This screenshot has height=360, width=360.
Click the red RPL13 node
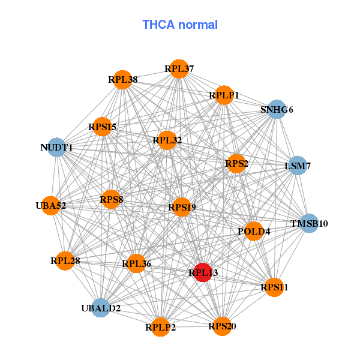pyautogui.click(x=203, y=272)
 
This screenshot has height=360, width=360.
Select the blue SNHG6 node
pyautogui.click(x=276, y=109)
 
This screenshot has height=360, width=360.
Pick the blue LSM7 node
pyautogui.click(x=298, y=165)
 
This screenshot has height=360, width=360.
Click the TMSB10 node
pyautogui.click(x=309, y=224)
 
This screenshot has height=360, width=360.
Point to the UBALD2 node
pyautogui.click(x=101, y=308)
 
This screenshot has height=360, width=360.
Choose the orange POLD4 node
pyautogui.click(x=254, y=231)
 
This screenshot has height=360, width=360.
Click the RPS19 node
pyautogui.click(x=181, y=207)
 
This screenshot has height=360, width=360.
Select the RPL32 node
pyautogui.click(x=167, y=140)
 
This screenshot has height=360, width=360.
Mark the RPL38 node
pyautogui.click(x=123, y=79)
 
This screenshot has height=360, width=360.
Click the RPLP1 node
pyautogui.click(x=224, y=95)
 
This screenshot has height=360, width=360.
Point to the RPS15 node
pyautogui.click(x=103, y=127)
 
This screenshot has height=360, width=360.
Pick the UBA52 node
pyautogui.click(x=51, y=205)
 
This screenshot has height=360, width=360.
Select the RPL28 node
pyautogui.click(x=65, y=260)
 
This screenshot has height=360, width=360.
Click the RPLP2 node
pyautogui.click(x=160, y=327)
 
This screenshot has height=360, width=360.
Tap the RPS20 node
pyautogui.click(x=222, y=326)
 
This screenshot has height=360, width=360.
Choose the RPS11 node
pyautogui.click(x=274, y=287)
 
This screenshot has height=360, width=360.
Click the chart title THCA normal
pyautogui.click(x=180, y=25)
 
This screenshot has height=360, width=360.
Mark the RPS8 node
pyautogui.click(x=111, y=199)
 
